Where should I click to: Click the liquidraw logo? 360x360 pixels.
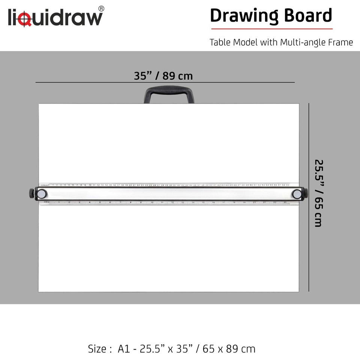55,17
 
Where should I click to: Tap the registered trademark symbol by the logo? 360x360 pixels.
101,8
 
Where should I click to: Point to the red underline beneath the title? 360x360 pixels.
271,28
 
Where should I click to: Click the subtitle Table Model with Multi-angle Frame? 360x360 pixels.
281,42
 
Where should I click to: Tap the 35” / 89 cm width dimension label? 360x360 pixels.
163,76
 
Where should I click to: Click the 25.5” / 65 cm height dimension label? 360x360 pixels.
318,193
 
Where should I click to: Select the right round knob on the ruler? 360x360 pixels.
297,193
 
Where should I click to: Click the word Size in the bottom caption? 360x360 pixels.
97,349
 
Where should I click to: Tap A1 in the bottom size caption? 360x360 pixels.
123,349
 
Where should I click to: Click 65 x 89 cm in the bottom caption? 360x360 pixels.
229,349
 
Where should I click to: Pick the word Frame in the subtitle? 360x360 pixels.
340,42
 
